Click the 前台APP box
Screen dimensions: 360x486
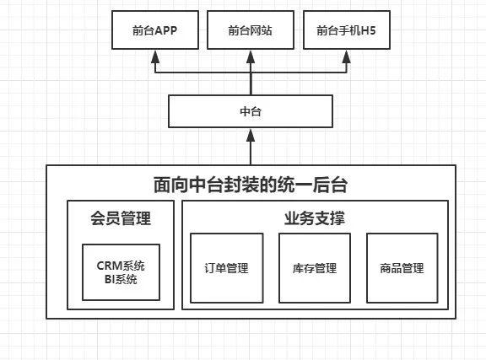pos(154,32)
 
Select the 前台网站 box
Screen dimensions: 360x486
pos(251,32)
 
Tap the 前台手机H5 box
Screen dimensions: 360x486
pos(347,32)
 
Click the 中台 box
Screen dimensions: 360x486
pos(251,111)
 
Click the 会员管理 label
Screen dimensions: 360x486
pos(121,219)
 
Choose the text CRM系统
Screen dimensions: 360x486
pos(121,265)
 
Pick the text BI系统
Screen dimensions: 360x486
pos(121,279)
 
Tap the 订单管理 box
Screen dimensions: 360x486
pos(226,268)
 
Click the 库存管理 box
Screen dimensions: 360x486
pos(314,268)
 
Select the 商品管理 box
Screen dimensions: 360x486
pos(402,268)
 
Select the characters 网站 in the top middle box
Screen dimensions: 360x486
pos(262,32)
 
